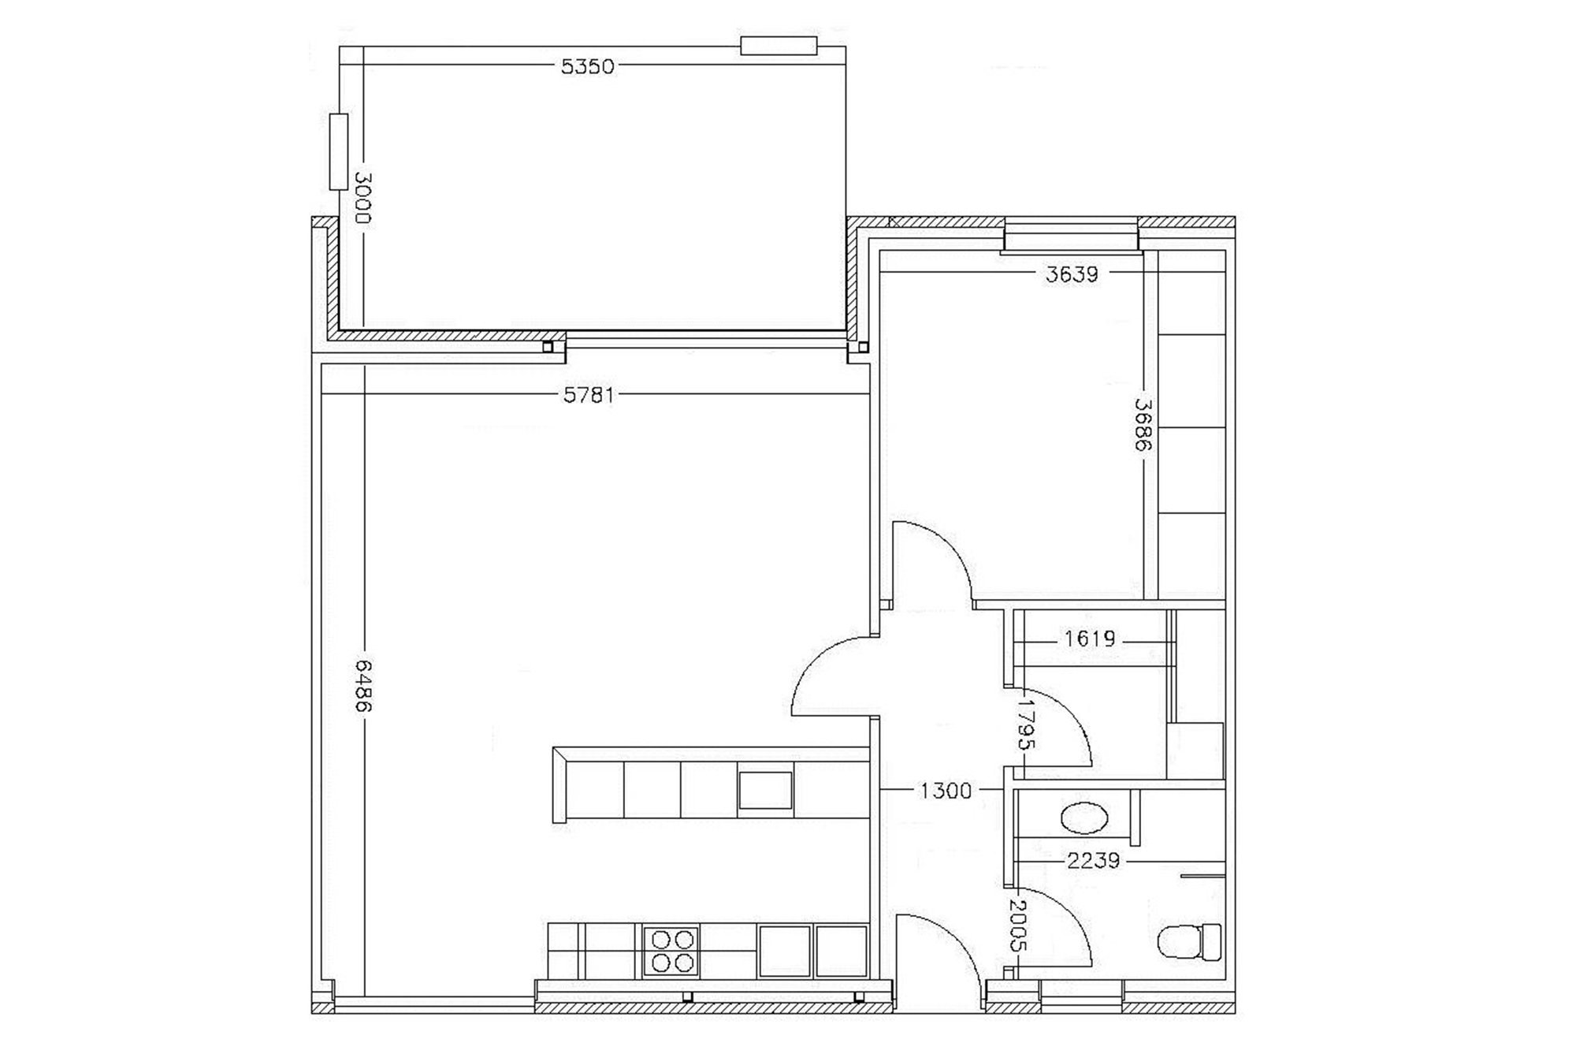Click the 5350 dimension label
[587, 66]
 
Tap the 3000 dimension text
[362, 198]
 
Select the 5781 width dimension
[589, 394]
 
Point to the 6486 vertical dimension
[362, 686]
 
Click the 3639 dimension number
[1072, 274]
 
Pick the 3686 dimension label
[1143, 424]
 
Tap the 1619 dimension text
[1090, 639]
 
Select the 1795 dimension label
[1026, 722]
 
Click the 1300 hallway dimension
[946, 791]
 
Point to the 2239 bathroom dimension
[1093, 861]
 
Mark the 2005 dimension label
[1017, 927]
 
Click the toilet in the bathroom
[1189, 941]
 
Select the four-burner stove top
[671, 952]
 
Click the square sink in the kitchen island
[765, 791]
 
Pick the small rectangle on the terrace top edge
[779, 46]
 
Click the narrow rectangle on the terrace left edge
[339, 151]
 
